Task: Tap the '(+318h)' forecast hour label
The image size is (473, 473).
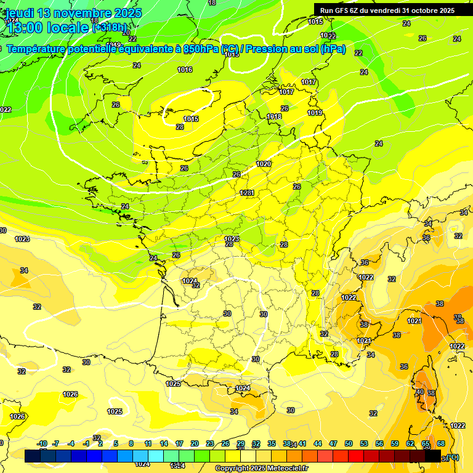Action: pyautogui.click(x=111, y=28)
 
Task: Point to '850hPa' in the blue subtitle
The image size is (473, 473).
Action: pyautogui.click(x=201, y=49)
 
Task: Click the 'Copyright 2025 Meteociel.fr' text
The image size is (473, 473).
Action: pyautogui.click(x=261, y=469)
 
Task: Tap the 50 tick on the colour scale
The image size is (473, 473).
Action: pyautogui.click(x=349, y=443)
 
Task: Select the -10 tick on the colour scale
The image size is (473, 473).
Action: pyautogui.click(x=42, y=443)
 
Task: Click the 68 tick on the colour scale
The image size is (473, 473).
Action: pyautogui.click(x=441, y=443)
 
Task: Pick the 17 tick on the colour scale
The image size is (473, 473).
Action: pyautogui.click(x=179, y=443)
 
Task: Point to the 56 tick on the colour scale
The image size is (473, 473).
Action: pyautogui.click(x=379, y=443)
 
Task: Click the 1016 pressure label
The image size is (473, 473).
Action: pyautogui.click(x=185, y=70)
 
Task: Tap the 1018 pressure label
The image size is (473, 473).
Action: pyautogui.click(x=274, y=116)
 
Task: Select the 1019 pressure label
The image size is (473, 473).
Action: pyautogui.click(x=315, y=113)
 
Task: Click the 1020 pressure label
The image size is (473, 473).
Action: pyautogui.click(x=264, y=164)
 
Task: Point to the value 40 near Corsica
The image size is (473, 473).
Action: pyautogui.click(x=419, y=392)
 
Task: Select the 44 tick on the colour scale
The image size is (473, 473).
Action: pyautogui.click(x=318, y=443)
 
